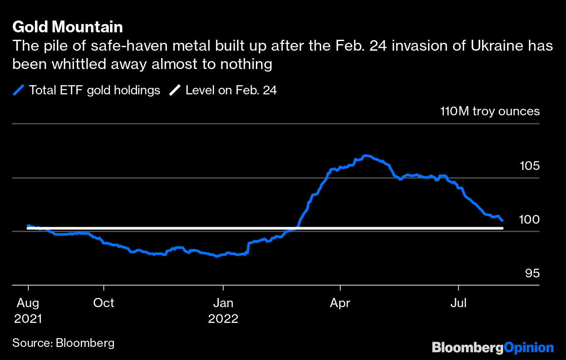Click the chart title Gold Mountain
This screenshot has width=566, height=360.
coord(67,27)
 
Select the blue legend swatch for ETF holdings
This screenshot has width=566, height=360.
coord(18,90)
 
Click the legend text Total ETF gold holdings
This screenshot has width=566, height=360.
coord(94,90)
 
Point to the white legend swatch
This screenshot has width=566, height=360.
coord(175,90)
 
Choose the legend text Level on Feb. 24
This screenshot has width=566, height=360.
coord(231,90)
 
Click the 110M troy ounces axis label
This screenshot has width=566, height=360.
coord(490,111)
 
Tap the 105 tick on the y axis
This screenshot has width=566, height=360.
coord(529,166)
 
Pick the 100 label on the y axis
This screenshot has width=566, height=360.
coord(529,220)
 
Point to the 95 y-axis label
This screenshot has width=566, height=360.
coord(532,273)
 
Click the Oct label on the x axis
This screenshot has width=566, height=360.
coord(104,303)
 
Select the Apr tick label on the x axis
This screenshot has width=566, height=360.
coord(340,303)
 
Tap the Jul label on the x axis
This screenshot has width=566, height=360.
coord(459,303)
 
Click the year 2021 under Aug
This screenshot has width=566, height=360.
coord(28,318)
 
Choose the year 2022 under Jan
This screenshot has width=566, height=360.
coord(223,318)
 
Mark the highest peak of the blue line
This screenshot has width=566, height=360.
coord(366,156)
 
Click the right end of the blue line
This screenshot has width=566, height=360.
coord(502,220)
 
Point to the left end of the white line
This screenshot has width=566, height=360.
coord(28,228)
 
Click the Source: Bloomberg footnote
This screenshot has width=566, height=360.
coord(63,343)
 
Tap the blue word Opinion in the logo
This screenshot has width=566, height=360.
coord(528,348)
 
